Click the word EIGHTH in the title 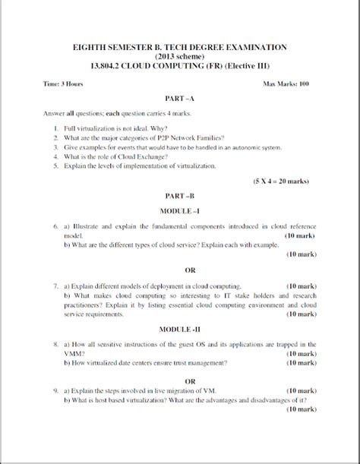pos(90,47)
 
